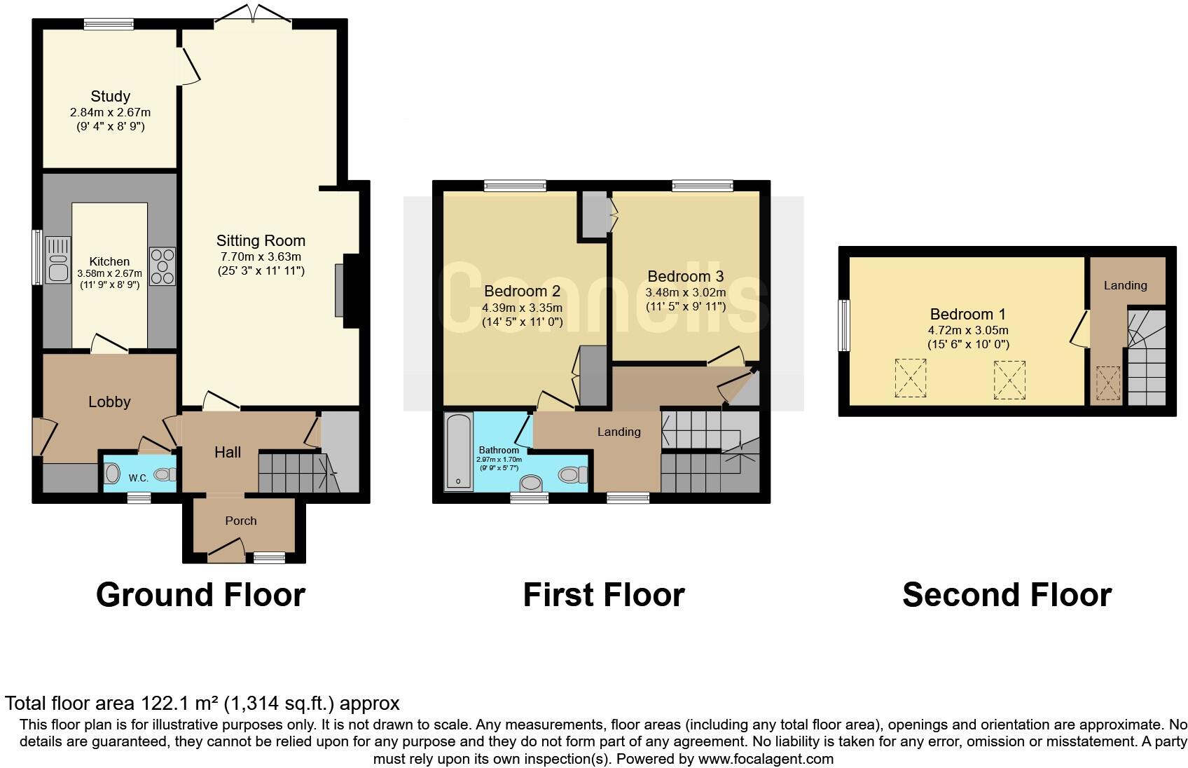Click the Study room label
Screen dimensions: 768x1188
pyautogui.click(x=110, y=96)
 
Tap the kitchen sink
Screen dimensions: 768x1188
pyautogui.click(x=57, y=259)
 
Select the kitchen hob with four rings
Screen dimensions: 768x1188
pyautogui.click(x=163, y=266)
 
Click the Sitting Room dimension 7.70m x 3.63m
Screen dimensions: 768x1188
pyautogui.click(x=261, y=256)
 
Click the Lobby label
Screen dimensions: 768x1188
pyautogui.click(x=109, y=402)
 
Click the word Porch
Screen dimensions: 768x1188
pyautogui.click(x=241, y=521)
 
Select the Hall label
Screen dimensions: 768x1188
pyautogui.click(x=228, y=453)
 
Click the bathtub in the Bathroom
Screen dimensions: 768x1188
pyautogui.click(x=459, y=451)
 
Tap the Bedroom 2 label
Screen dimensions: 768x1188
pyautogui.click(x=522, y=291)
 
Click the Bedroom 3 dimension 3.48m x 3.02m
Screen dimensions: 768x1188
pyautogui.click(x=685, y=292)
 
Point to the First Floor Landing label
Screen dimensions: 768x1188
pyautogui.click(x=619, y=432)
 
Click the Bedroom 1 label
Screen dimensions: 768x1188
pyautogui.click(x=967, y=314)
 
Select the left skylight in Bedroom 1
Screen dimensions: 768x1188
pyautogui.click(x=911, y=378)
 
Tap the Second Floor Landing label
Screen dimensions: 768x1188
pyautogui.click(x=1125, y=285)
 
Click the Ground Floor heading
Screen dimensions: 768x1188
pyautogui.click(x=200, y=595)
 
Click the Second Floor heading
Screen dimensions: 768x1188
pyautogui.click(x=1007, y=595)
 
